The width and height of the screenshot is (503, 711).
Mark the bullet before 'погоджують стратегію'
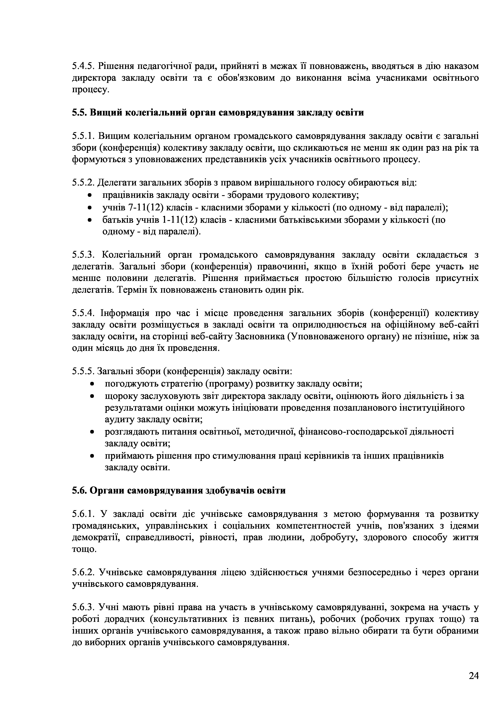(x=92, y=384)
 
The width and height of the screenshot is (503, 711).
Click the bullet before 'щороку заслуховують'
(x=92, y=396)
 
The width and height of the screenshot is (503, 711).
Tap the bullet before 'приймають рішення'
(x=92, y=456)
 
